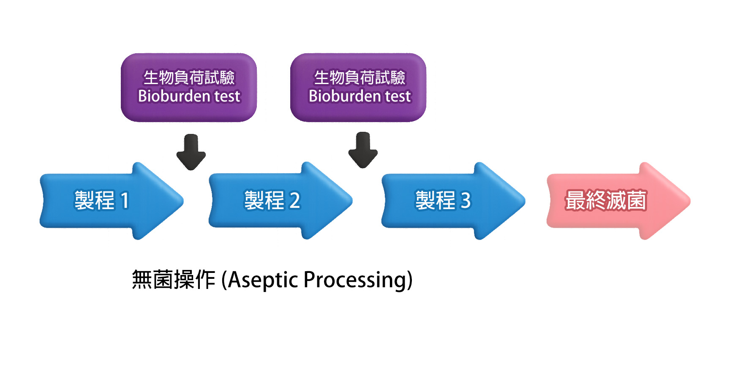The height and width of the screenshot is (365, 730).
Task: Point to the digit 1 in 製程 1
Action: pyautogui.click(x=125, y=201)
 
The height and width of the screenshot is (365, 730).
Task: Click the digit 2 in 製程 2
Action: pyautogui.click(x=295, y=201)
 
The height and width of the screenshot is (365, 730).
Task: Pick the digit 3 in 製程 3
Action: pyautogui.click(x=466, y=201)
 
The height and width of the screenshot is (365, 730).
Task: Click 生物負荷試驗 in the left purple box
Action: pyautogui.click(x=189, y=78)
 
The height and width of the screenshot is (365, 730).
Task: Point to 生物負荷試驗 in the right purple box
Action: pyautogui.click(x=360, y=78)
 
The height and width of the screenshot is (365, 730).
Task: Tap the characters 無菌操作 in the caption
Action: pyautogui.click(x=173, y=280)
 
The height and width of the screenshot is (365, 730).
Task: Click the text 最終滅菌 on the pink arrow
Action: pyautogui.click(x=605, y=200)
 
